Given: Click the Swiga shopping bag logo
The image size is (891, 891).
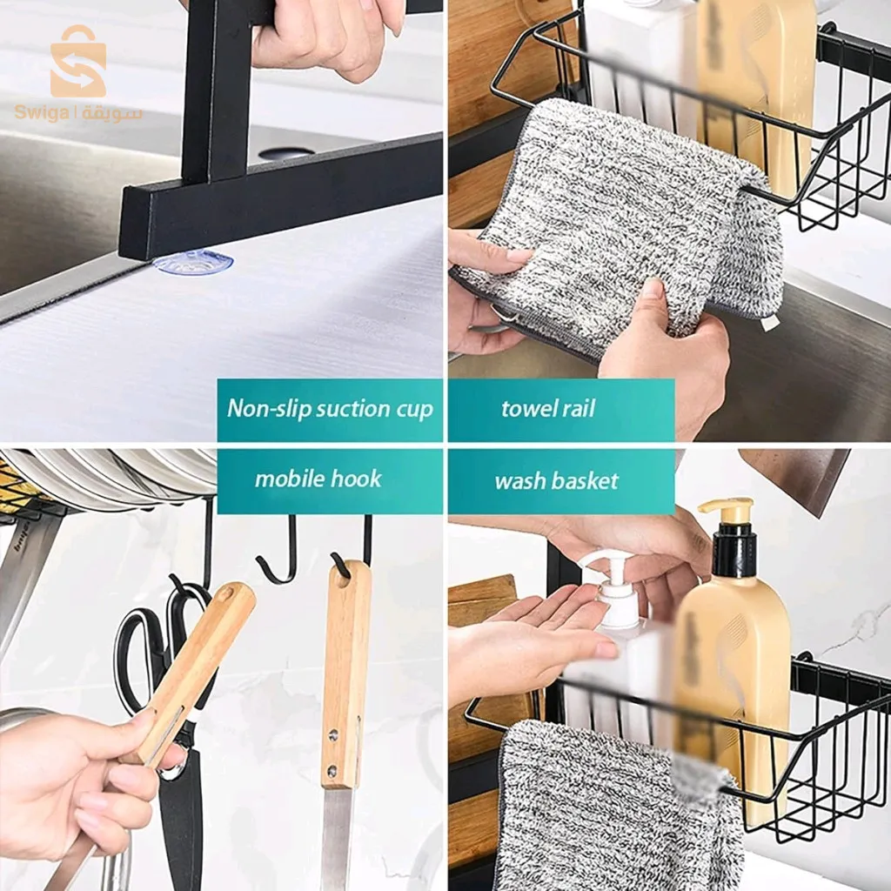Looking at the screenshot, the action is coord(78,62).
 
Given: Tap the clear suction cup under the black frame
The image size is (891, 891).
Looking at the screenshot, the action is coord(194,263).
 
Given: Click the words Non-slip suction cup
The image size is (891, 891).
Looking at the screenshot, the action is coord(330,409).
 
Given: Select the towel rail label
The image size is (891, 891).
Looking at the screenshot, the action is coord(548,409).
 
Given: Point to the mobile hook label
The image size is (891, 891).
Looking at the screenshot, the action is coord(318,479).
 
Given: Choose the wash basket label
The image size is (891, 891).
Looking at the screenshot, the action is coord(556,481).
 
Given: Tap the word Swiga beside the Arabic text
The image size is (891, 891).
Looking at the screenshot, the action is coord(42,112).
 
